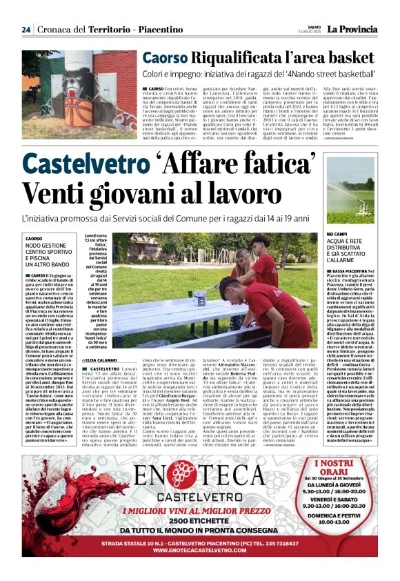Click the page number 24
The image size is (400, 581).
26,30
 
